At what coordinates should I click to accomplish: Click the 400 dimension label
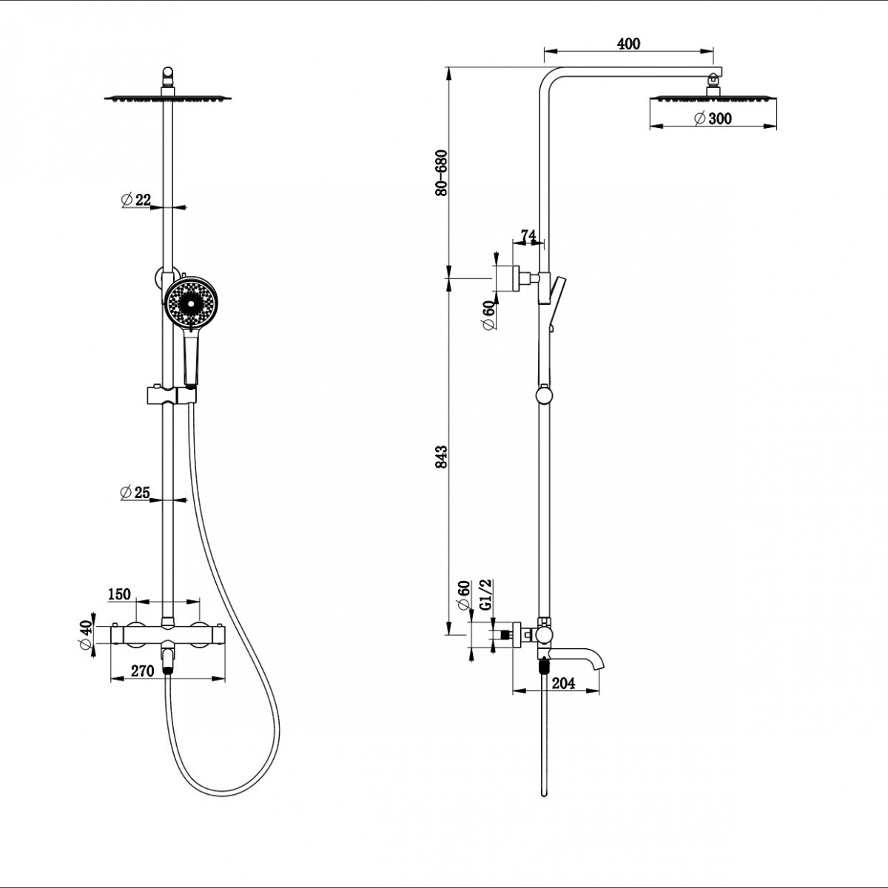click(628, 44)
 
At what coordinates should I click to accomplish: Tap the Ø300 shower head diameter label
click(713, 118)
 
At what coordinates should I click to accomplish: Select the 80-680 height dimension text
click(442, 173)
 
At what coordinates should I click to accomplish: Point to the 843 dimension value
click(442, 457)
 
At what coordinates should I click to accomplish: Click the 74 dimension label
click(528, 235)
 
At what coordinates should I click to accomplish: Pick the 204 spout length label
click(564, 684)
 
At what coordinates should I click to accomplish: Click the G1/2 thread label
click(487, 595)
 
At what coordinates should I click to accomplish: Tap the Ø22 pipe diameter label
click(136, 200)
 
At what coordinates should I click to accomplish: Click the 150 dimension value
click(119, 594)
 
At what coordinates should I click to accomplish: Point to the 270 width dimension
click(142, 671)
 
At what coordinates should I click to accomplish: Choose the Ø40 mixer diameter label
click(86, 635)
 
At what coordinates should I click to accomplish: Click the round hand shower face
click(191, 303)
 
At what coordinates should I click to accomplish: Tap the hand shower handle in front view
click(191, 357)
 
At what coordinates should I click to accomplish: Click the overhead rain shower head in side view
click(713, 98)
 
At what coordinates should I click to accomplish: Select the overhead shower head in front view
click(168, 98)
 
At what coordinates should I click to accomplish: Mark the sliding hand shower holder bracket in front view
click(172, 395)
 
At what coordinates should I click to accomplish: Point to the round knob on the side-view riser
click(544, 396)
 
